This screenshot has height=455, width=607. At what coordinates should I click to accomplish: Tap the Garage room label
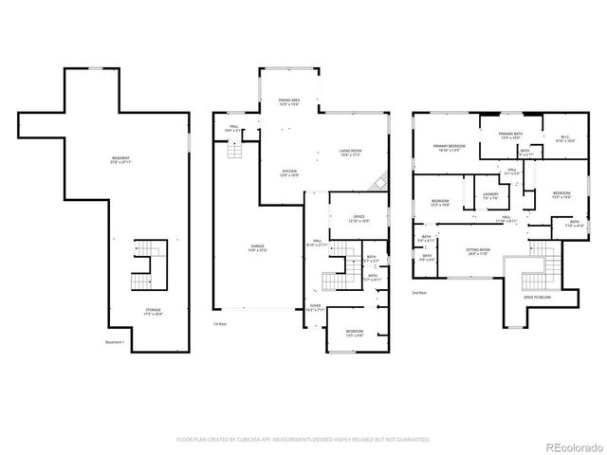(257, 248)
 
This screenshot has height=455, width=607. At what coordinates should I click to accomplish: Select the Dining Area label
(290, 102)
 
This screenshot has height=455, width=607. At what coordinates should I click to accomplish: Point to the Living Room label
(352, 154)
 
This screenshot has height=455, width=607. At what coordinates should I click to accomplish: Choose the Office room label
(359, 219)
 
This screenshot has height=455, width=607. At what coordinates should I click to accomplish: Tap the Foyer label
(315, 308)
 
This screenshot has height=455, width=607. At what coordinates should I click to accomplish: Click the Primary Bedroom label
(447, 148)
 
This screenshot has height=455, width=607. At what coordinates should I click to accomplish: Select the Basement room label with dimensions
(121, 159)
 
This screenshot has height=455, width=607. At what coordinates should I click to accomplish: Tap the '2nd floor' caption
(420, 294)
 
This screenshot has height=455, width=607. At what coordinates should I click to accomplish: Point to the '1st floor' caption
(221, 323)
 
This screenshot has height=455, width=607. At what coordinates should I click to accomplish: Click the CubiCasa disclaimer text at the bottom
(303, 440)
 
